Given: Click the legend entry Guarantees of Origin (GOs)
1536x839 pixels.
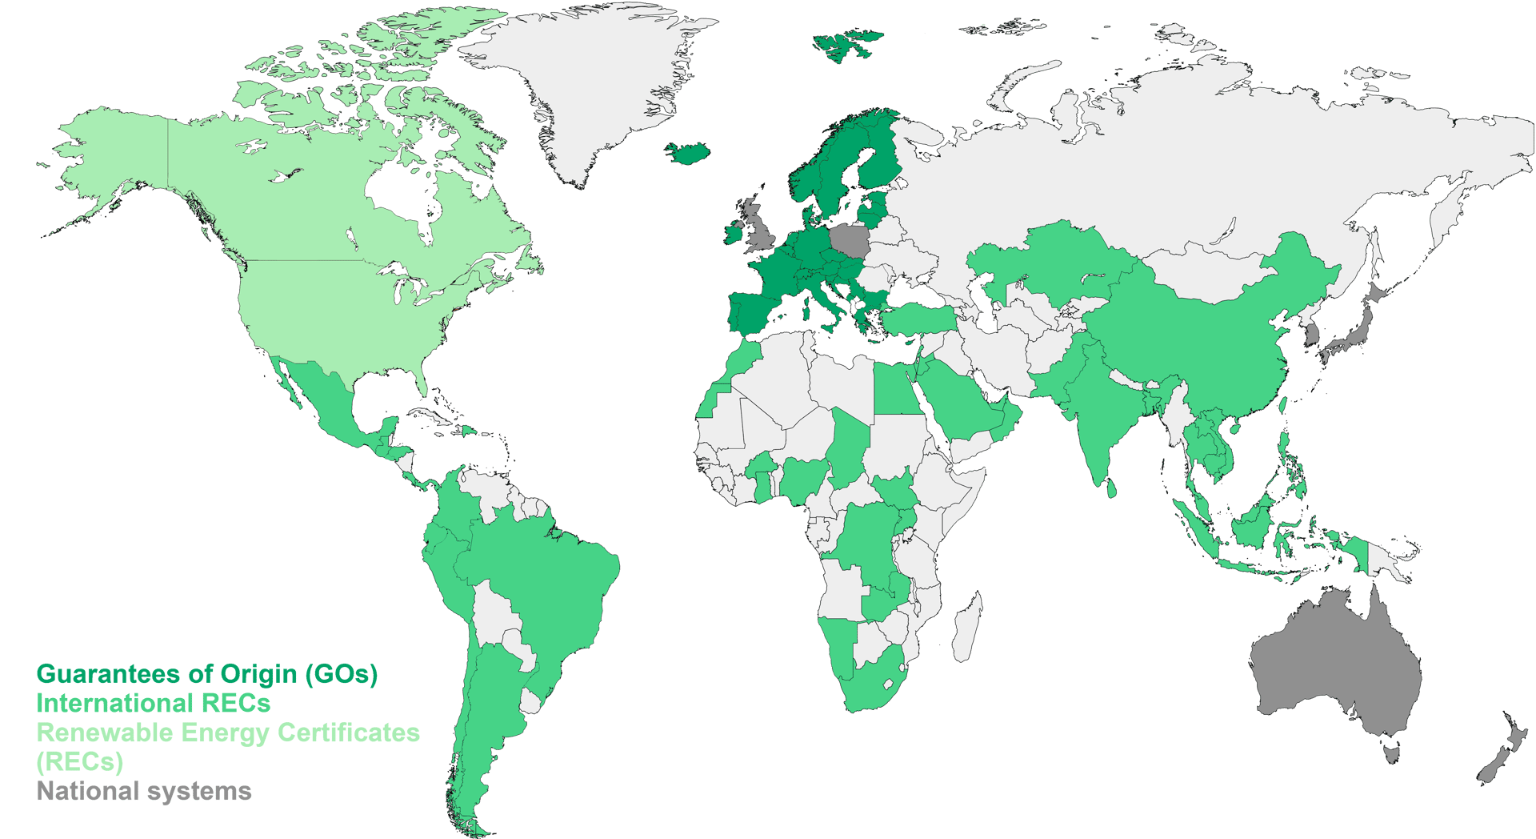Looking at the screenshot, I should click(x=206, y=675).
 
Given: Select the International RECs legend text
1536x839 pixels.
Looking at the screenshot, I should click(x=153, y=704).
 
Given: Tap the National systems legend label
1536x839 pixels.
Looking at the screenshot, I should click(x=144, y=792).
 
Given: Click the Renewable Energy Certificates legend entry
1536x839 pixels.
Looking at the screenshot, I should click(x=228, y=733).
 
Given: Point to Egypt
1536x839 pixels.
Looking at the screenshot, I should click(x=895, y=390).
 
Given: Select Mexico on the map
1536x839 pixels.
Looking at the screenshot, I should click(x=320, y=400).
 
